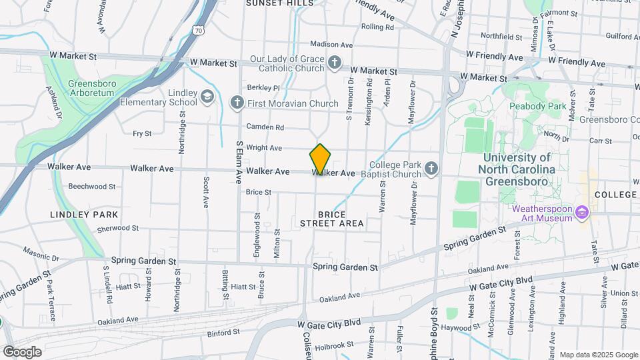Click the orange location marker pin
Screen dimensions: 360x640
click(320, 159)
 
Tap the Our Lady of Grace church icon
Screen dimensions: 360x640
click(335, 64)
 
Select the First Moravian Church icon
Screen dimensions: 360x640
click(236, 103)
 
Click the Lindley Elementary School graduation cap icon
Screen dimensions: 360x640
click(208, 97)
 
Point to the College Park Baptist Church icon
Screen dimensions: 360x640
click(431, 169)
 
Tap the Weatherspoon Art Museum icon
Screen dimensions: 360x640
click(583, 213)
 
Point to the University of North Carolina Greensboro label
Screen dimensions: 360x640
click(517, 169)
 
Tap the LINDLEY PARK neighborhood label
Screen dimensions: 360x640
click(84, 215)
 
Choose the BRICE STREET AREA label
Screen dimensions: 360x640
click(331, 219)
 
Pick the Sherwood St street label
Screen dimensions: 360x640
click(117, 228)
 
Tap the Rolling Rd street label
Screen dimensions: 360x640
click(377, 27)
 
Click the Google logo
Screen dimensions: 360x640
click(22, 352)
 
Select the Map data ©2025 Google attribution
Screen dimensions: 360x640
click(598, 355)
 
